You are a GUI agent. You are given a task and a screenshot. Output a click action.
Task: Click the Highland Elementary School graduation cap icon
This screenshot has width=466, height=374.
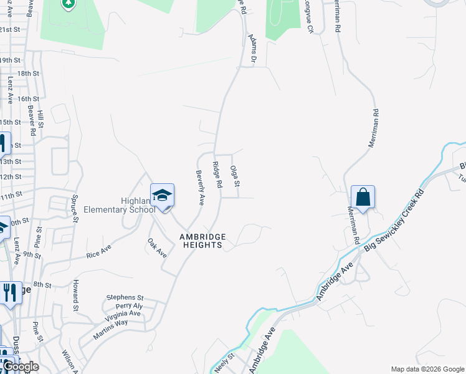pyautogui.click(x=162, y=195)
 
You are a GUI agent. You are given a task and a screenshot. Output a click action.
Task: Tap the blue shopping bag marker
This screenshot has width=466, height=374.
pyautogui.click(x=363, y=198)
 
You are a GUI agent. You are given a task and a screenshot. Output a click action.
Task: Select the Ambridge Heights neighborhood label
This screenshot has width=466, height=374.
pyautogui.click(x=201, y=241)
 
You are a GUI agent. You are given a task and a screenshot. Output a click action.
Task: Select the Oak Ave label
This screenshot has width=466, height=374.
pyautogui.click(x=157, y=247)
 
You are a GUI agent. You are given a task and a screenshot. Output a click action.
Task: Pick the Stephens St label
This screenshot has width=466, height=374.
pyautogui.click(x=125, y=298)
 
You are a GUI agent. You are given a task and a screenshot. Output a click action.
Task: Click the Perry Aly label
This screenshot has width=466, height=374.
pyautogui.click(x=129, y=306)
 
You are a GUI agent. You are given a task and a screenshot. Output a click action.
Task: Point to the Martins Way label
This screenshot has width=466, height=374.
pyautogui.click(x=110, y=322)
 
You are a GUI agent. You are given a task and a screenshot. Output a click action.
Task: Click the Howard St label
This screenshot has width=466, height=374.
pyautogui.click(x=75, y=295)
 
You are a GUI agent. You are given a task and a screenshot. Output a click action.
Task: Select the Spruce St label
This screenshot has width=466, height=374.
pyautogui.click(x=74, y=207)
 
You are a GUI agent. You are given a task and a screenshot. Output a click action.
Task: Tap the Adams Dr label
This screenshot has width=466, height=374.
pyautogui.click(x=252, y=49)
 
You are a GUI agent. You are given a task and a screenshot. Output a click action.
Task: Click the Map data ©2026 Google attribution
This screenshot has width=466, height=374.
pyautogui.click(x=427, y=368)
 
